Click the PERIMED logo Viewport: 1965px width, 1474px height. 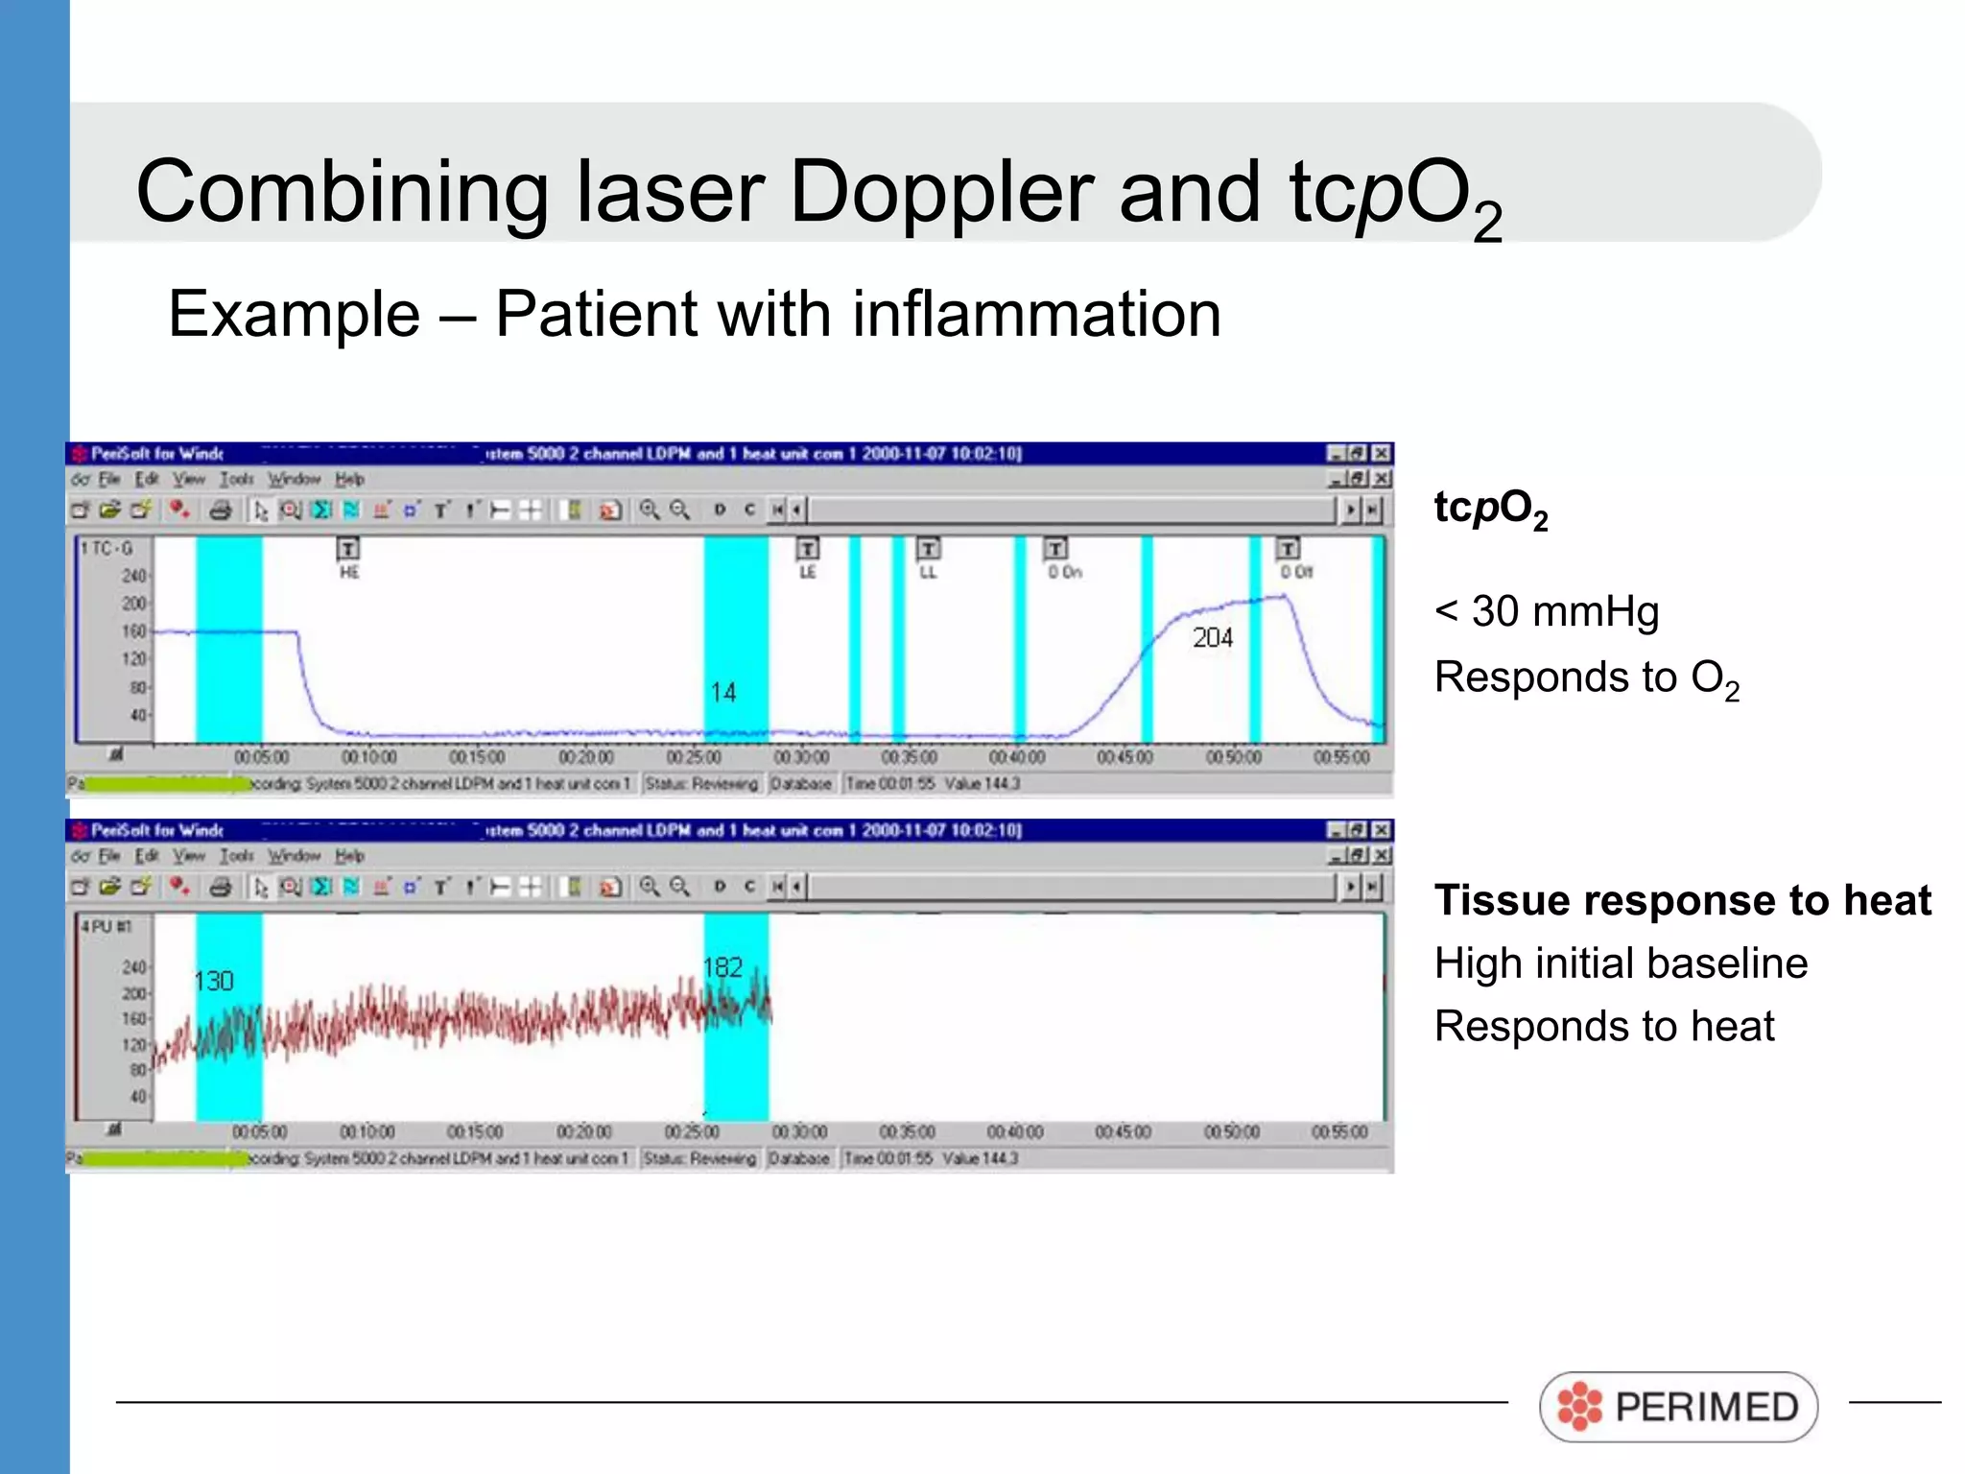(x=1678, y=1407)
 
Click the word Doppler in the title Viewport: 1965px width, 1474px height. (x=940, y=192)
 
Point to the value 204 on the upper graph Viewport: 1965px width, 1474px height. (x=1212, y=638)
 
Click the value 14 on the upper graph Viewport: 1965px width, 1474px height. (x=723, y=692)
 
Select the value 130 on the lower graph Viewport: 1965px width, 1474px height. (x=213, y=981)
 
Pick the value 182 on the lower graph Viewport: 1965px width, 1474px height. (x=722, y=967)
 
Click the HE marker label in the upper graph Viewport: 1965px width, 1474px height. (x=348, y=572)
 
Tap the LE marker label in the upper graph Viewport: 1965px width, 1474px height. (x=808, y=572)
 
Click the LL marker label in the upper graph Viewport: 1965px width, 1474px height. (x=928, y=572)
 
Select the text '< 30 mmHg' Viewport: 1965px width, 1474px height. (x=1546, y=611)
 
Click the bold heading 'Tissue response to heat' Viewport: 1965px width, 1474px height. (x=1682, y=900)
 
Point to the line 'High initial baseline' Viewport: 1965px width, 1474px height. (x=1621, y=963)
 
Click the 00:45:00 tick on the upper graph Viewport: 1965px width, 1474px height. (x=1125, y=757)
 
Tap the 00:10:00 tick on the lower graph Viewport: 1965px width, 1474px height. (x=367, y=1132)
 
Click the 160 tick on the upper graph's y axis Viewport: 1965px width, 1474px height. (x=134, y=630)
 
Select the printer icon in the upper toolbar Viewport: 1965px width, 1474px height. (x=221, y=510)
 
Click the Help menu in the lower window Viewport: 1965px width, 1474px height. (x=349, y=855)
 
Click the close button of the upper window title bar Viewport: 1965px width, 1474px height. (x=1381, y=453)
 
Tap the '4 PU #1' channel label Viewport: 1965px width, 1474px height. (x=106, y=926)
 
